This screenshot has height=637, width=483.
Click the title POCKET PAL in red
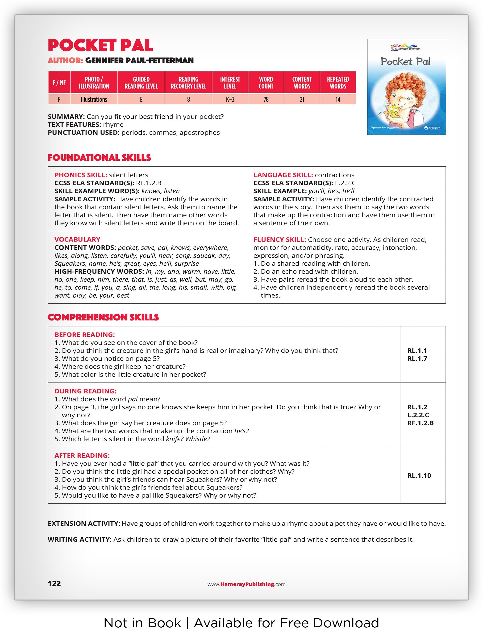tap(100, 45)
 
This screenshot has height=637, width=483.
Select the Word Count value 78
tap(266, 100)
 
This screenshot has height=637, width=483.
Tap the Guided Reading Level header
tap(141, 83)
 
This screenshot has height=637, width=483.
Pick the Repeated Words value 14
tap(338, 100)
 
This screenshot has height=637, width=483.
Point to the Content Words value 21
tap(302, 100)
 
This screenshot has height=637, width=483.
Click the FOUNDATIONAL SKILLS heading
tap(99, 158)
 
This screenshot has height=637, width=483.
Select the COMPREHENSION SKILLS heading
tap(103, 317)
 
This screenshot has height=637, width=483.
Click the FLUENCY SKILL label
tap(279, 239)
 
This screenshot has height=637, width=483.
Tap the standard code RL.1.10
tap(419, 475)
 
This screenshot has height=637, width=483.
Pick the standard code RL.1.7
tap(417, 358)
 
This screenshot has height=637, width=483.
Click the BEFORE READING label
tap(84, 335)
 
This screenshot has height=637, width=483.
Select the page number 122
tap(54, 584)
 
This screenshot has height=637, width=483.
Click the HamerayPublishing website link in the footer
tap(246, 584)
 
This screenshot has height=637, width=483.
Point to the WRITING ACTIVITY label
tap(79, 539)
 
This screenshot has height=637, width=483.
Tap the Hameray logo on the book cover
tap(432, 128)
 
